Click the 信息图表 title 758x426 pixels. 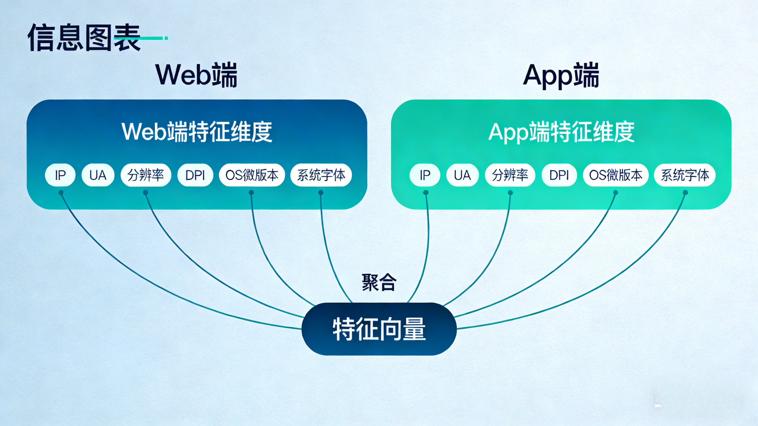coord(84,38)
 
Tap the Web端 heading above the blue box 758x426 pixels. coord(197,75)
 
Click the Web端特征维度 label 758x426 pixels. coord(197,132)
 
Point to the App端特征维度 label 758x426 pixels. coord(561,132)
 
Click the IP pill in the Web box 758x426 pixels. coord(60,175)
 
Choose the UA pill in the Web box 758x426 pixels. coord(98,175)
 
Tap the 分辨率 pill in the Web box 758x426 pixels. coord(146,175)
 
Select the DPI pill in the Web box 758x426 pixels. coord(195,175)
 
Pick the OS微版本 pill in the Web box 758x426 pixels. coord(252,175)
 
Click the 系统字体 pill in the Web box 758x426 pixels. coord(321,175)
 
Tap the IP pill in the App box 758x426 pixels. coord(425,175)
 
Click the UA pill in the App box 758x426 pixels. coord(462,175)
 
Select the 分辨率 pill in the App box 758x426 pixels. coord(510,175)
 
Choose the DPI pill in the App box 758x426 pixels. coord(559,175)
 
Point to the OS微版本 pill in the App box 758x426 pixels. coord(616,175)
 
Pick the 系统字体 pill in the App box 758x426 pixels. coord(685,175)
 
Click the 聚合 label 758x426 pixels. coord(379,283)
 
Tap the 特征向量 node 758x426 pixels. coord(379,329)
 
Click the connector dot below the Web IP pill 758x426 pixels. coord(61,193)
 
